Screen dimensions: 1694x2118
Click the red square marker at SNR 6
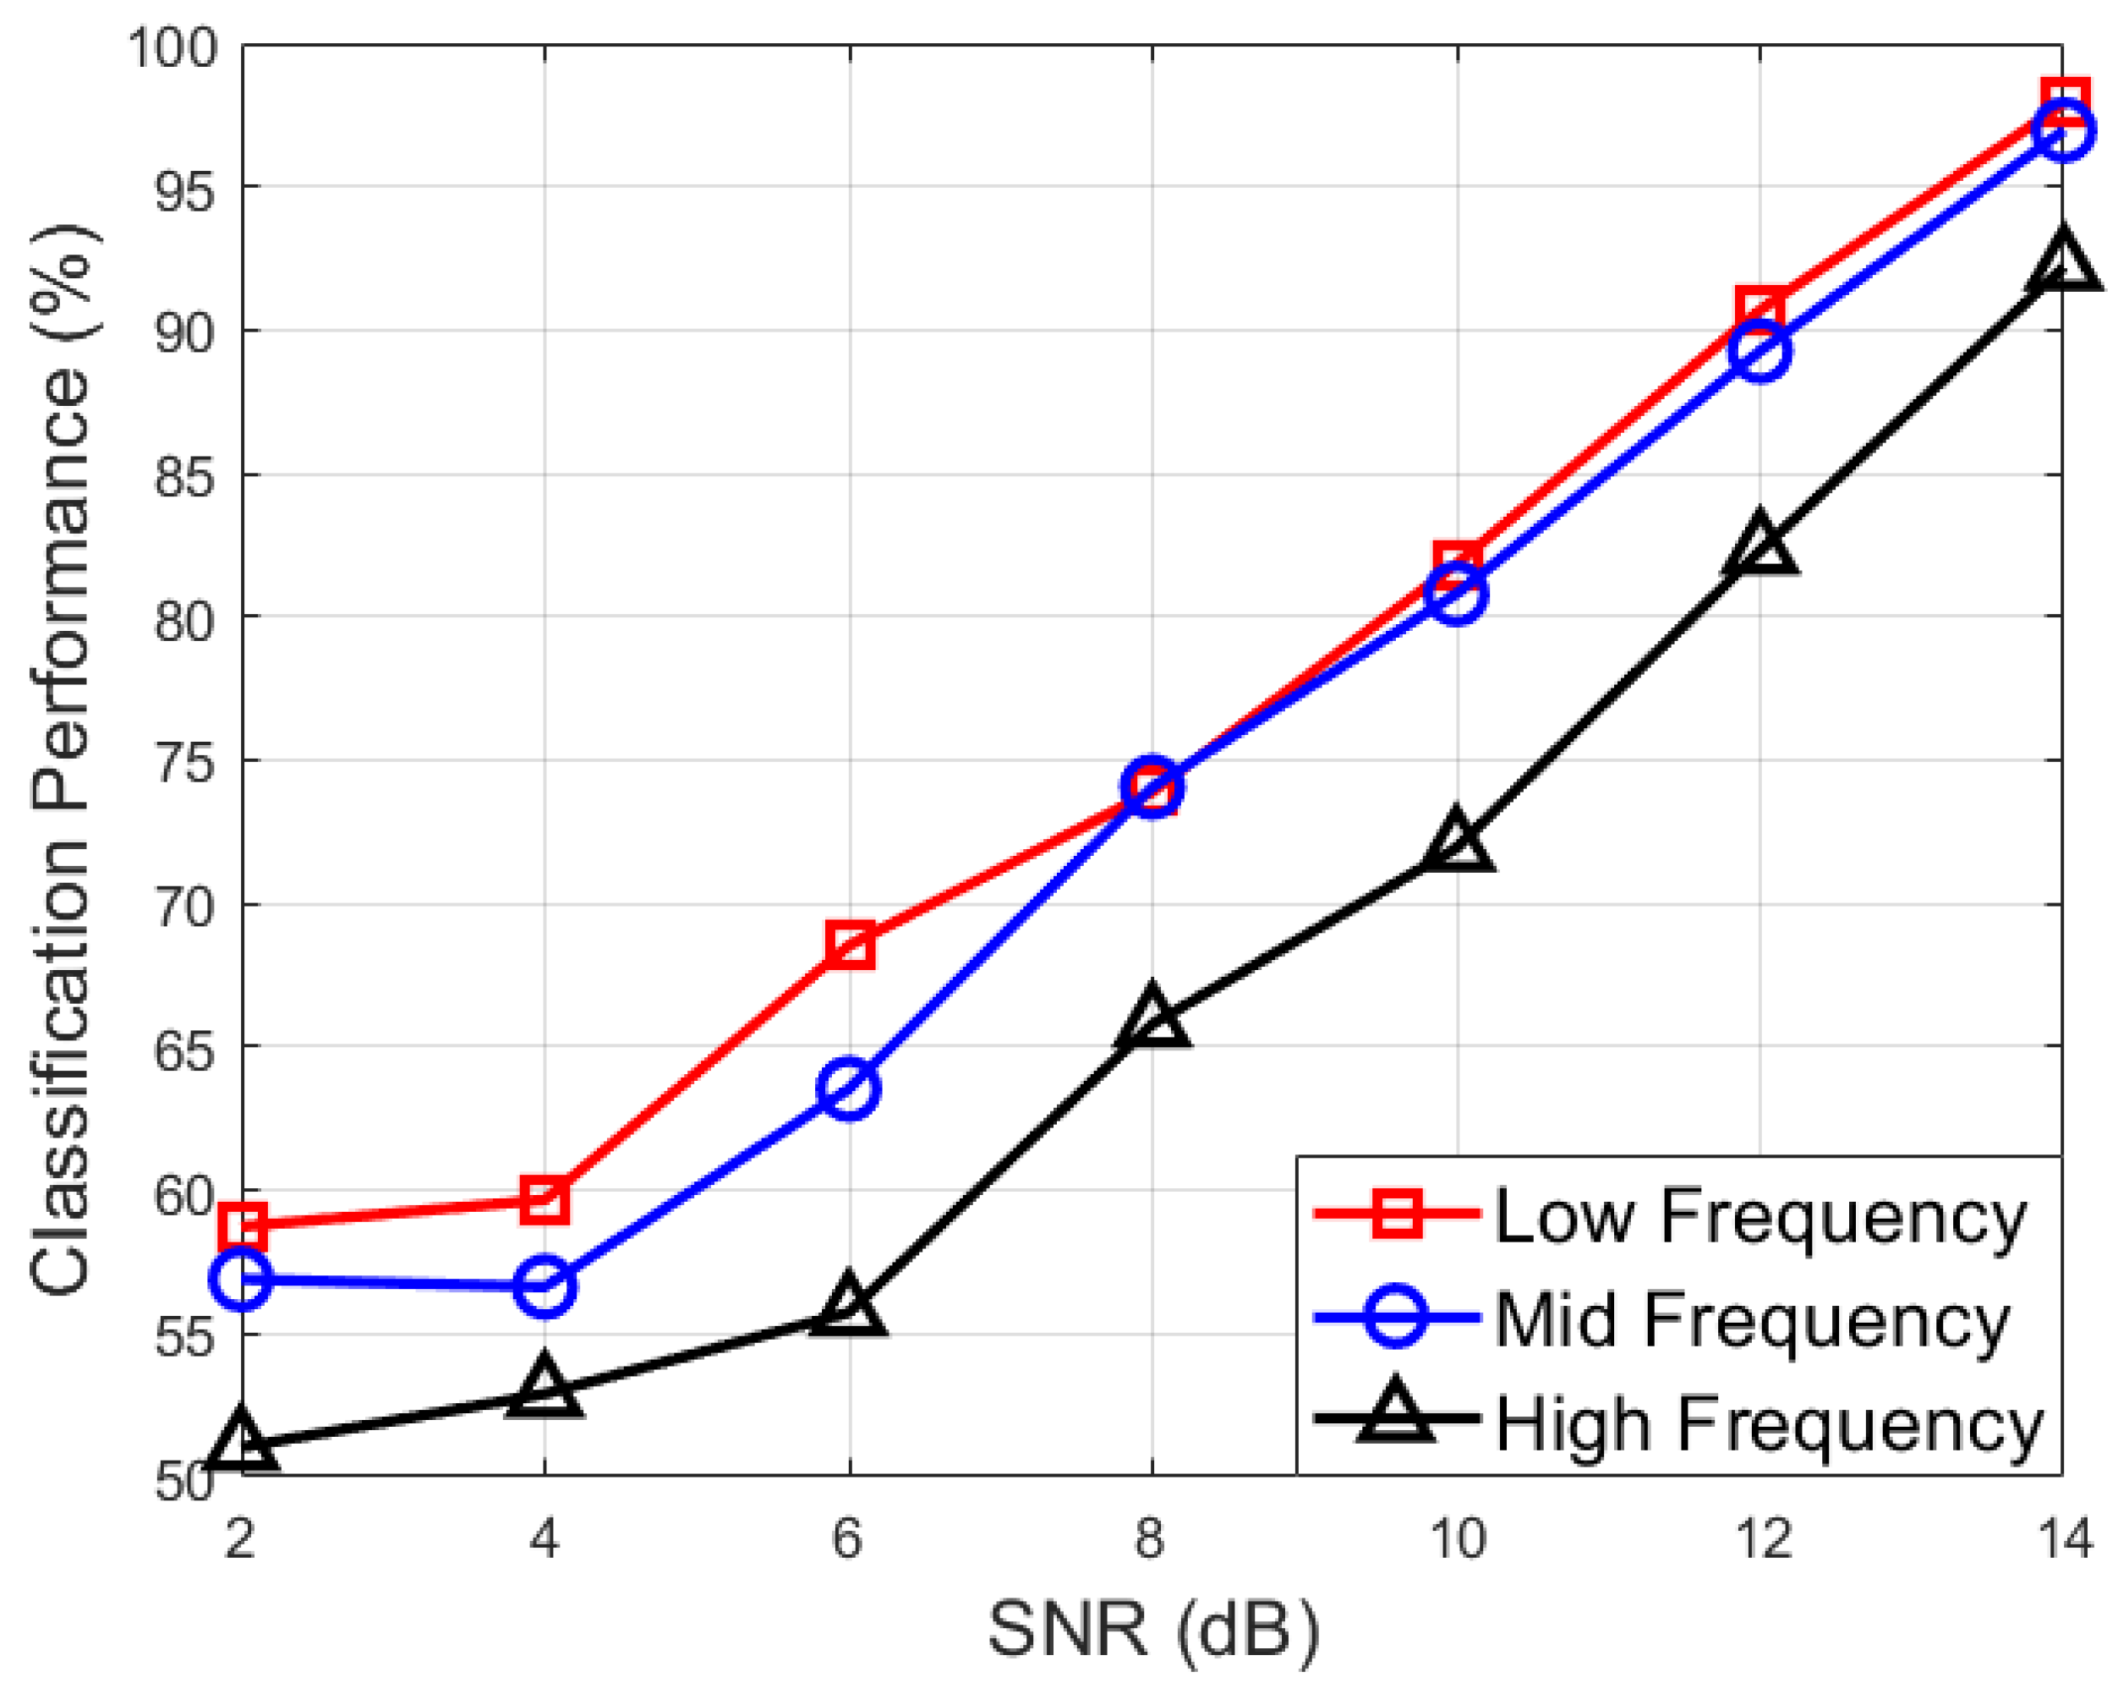(x=850, y=946)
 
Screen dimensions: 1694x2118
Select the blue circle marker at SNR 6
(x=849, y=1088)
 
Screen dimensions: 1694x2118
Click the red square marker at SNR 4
(x=545, y=1201)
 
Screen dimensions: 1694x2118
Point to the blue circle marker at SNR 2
(x=242, y=1279)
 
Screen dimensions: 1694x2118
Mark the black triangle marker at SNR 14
(x=2063, y=262)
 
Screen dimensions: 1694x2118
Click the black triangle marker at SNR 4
(x=545, y=1389)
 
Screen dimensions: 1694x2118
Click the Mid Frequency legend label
(x=1753, y=1319)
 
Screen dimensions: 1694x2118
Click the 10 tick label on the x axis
(x=1457, y=1538)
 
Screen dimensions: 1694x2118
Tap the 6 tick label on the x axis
(x=848, y=1538)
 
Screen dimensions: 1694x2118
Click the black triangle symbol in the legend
(x=1395, y=1416)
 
